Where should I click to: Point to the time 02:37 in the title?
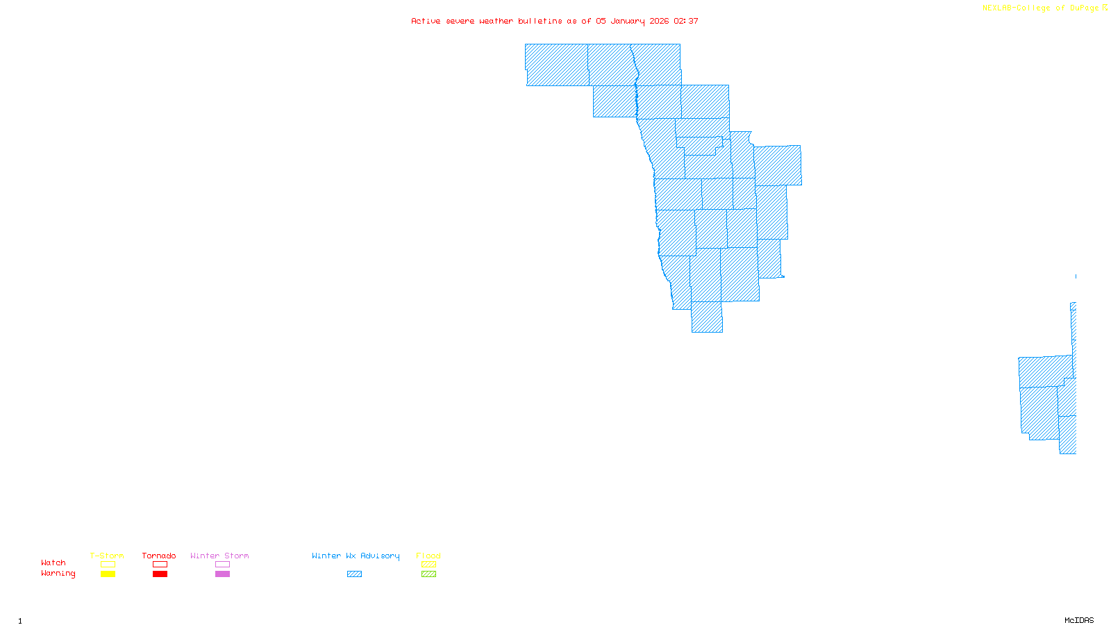[x=686, y=21]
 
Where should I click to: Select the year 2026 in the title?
[x=659, y=21]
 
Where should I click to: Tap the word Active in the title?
[x=425, y=21]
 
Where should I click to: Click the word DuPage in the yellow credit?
[x=1084, y=8]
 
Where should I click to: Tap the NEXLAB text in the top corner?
[x=997, y=8]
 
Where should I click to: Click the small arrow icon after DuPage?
[x=1105, y=8]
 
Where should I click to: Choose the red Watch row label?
[x=53, y=562]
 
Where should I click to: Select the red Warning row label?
[x=58, y=574]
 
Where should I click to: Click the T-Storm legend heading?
[x=107, y=556]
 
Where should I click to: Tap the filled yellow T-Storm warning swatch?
[x=108, y=574]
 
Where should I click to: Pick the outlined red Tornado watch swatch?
[x=160, y=565]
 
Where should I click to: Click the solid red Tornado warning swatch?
[x=160, y=574]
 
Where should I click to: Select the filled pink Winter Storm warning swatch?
[x=222, y=574]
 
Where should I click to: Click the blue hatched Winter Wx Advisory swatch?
[x=354, y=574]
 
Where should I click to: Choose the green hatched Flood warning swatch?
[x=428, y=574]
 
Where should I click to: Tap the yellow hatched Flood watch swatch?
[x=428, y=565]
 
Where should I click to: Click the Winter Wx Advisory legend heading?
[x=356, y=556]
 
